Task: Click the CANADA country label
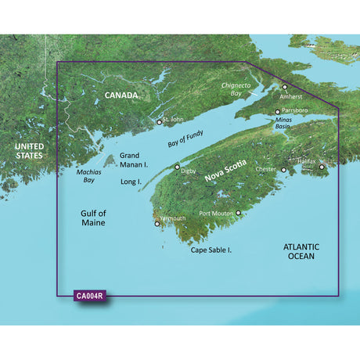tap(121, 95)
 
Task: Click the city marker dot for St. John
tap(160, 122)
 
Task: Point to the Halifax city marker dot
tap(321, 166)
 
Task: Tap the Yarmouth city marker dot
tap(158, 225)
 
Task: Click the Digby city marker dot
tap(177, 167)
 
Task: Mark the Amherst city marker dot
tap(285, 88)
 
